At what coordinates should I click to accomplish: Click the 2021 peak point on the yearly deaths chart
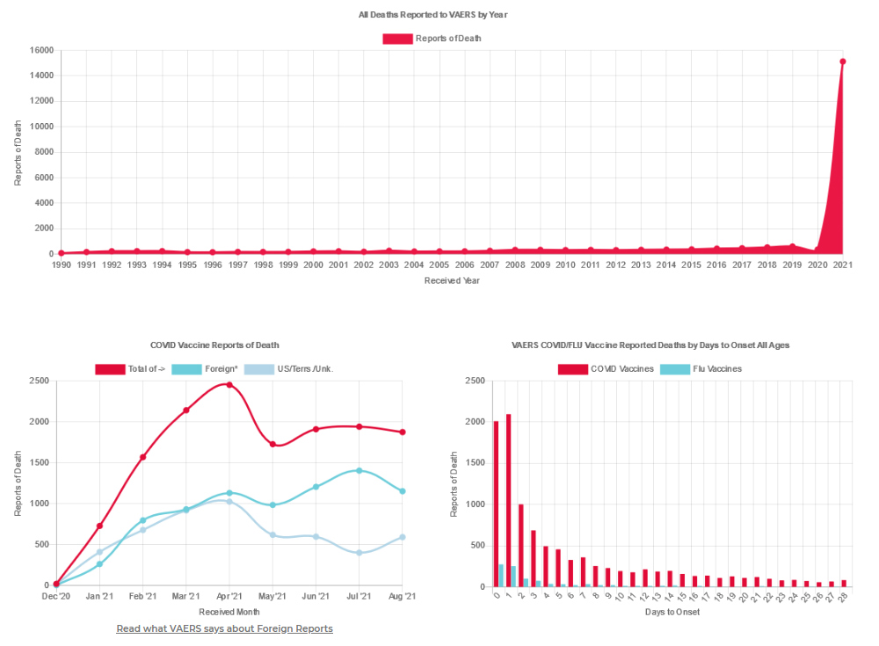coord(842,62)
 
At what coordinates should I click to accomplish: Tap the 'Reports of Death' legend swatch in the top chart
coord(397,39)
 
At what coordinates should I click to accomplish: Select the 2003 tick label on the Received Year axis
coord(389,265)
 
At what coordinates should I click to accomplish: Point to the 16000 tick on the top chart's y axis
coord(42,50)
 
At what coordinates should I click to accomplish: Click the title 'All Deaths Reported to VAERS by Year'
coord(432,15)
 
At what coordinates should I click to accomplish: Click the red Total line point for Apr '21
coord(229,384)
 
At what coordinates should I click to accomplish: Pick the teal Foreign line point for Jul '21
coord(359,470)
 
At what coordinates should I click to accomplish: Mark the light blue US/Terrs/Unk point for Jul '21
coord(359,553)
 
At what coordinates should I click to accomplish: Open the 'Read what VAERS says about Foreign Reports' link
coord(224,628)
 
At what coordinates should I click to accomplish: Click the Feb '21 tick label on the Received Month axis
coord(142,598)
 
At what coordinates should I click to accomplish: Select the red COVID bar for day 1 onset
coord(509,500)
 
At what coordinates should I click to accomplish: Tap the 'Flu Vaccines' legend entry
coord(704,369)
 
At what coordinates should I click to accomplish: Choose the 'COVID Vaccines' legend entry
coord(606,369)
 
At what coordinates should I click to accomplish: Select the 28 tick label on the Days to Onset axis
coord(844,598)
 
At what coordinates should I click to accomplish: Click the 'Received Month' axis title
coord(229,612)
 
